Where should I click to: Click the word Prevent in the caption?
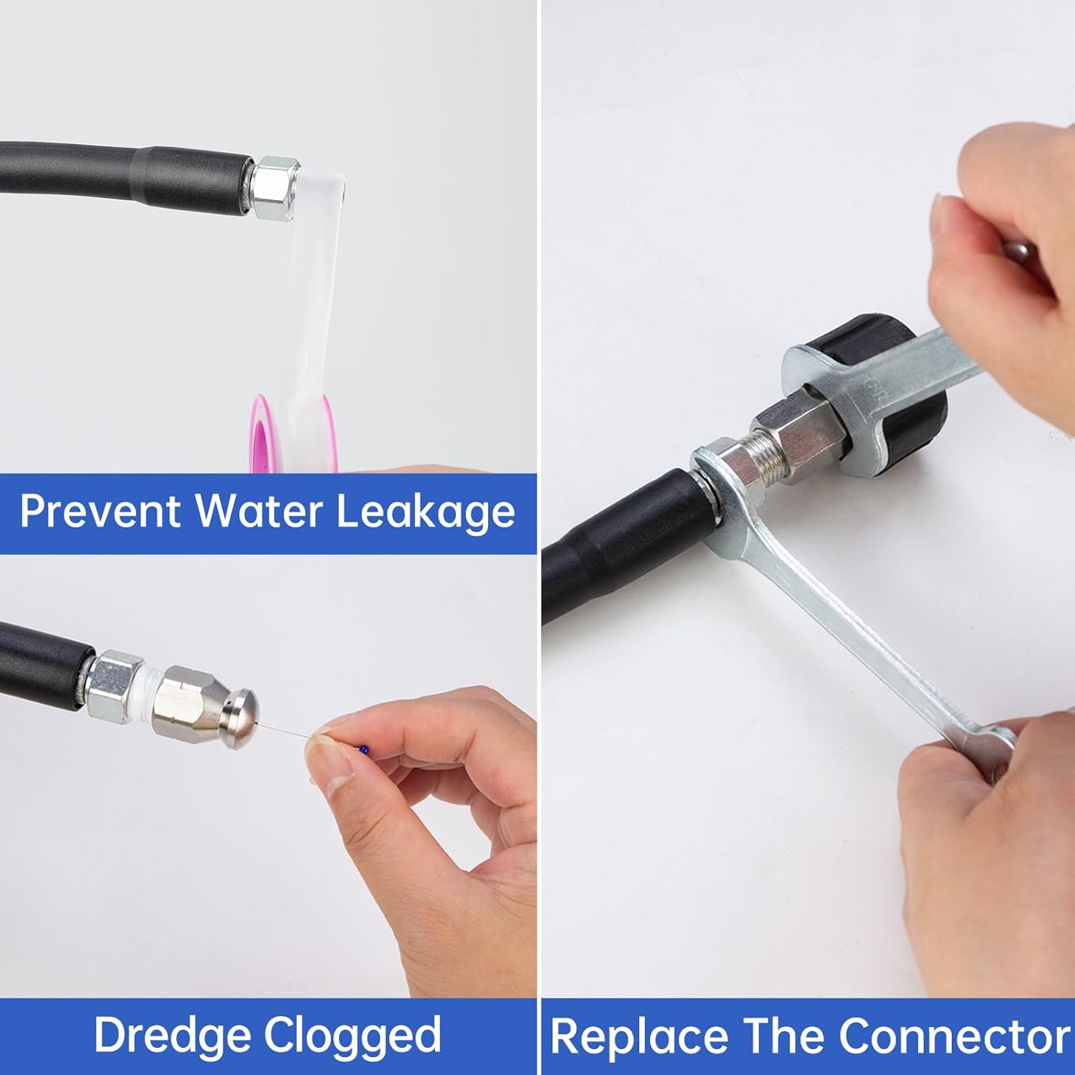(100, 511)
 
